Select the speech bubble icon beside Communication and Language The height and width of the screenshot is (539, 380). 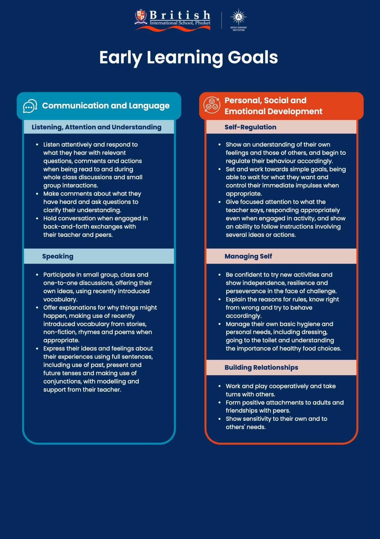[30, 106]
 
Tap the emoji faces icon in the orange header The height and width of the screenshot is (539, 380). [212, 105]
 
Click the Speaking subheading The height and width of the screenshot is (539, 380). [58, 256]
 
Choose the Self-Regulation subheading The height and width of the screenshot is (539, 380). [250, 127]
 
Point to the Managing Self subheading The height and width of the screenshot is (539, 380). [248, 256]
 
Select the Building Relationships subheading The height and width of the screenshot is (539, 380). [261, 368]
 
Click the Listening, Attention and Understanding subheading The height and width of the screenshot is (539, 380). [96, 127]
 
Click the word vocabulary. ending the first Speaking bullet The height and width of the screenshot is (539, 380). [60, 300]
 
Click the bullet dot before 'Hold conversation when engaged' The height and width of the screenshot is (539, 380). [37, 218]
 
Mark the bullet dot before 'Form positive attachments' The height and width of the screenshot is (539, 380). [220, 403]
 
